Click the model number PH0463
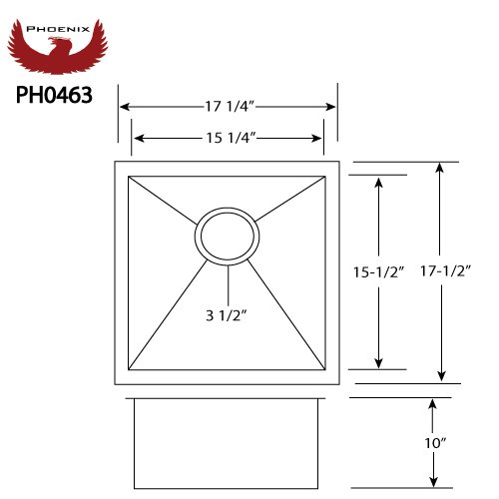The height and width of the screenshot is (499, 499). coord(54,95)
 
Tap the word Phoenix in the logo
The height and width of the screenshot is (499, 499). coord(58,29)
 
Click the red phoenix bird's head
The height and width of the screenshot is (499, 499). coord(57,42)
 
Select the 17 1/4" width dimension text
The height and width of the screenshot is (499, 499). coord(230,107)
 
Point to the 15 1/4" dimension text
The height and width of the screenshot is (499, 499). coord(231,138)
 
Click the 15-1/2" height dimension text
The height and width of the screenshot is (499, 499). coord(378,272)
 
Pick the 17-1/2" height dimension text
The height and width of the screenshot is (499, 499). coord(446,271)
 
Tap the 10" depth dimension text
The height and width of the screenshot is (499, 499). coord(435,443)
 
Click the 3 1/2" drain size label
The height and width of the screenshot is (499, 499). coord(227,315)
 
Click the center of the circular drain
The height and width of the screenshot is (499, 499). coord(228,237)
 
